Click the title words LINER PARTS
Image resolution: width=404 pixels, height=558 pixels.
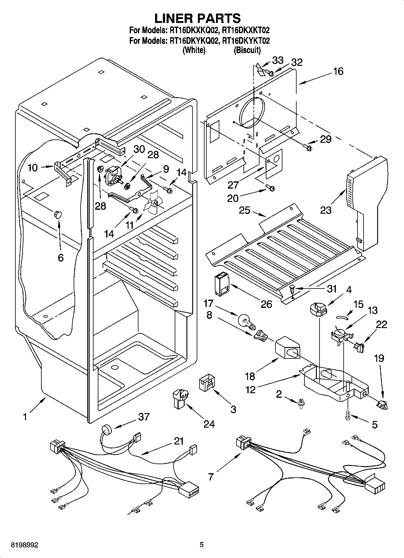coord(198,18)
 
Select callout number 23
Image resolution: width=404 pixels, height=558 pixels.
coord(326,210)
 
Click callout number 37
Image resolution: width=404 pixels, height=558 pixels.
coord(144,417)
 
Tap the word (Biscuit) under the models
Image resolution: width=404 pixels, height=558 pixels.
coord(247,50)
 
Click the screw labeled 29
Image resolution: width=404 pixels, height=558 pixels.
coord(307,147)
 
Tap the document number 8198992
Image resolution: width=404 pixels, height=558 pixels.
coord(20,545)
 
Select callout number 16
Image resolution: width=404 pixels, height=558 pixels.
coord(339,72)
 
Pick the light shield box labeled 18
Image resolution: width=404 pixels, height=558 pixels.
coord(287,349)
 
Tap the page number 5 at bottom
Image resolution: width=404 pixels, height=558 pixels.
coord(202,545)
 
